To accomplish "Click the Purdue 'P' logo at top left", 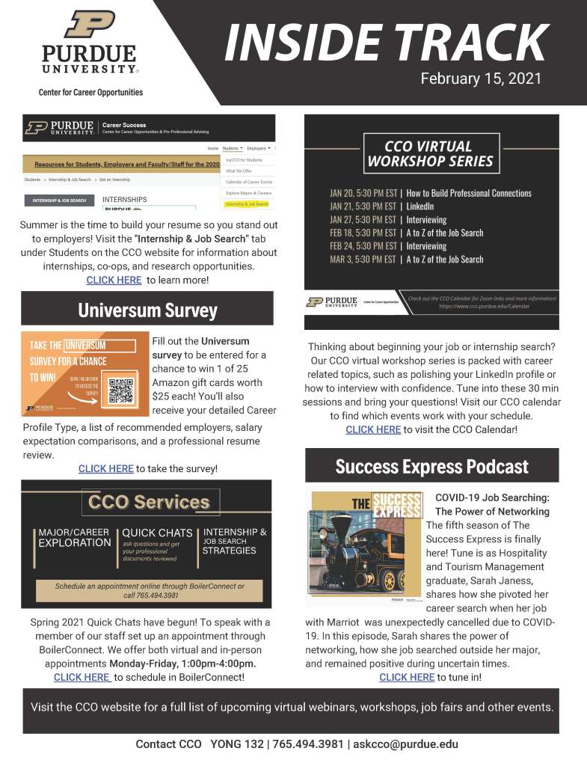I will coord(89,25).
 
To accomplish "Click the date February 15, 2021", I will coord(481,79).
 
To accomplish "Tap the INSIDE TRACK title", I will coord(386,43).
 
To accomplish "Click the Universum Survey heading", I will coord(148,310).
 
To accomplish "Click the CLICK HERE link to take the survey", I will coord(106,469).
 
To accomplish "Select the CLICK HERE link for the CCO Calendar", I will coord(373,430).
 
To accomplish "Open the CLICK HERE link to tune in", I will coord(407,677).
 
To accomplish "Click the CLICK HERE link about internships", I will coord(114,281).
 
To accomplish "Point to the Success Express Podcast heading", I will coord(431,467).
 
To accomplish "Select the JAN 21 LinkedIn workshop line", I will coord(382,206).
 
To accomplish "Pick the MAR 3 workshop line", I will coord(406,260).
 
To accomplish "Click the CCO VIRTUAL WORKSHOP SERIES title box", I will coord(430,153).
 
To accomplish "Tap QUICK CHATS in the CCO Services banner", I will coord(157,533).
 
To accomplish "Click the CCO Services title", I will coord(149,501).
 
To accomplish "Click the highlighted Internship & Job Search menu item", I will coord(248,203).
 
